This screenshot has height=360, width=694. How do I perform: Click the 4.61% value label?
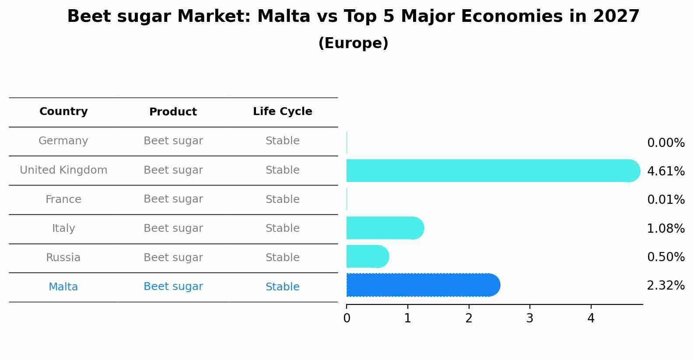point(666,171)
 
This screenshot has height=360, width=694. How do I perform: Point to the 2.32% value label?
point(666,286)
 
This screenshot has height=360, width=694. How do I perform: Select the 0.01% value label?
point(666,200)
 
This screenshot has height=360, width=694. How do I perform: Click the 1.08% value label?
point(666,228)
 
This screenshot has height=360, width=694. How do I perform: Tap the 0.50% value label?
point(666,257)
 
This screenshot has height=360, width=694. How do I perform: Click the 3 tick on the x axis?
point(530,318)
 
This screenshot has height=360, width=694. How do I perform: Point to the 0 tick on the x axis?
point(347,318)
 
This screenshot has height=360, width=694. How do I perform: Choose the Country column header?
point(63,112)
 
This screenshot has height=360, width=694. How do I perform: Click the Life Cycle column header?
point(282,112)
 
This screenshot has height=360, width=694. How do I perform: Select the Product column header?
point(173,112)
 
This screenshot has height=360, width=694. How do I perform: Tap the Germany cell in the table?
point(63,141)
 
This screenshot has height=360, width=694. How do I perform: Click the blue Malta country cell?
point(63,287)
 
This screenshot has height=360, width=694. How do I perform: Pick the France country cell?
point(63,199)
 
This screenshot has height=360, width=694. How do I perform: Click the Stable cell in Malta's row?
point(282,287)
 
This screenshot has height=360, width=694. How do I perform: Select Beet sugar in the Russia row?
point(173,258)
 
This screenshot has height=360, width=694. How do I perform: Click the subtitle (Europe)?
point(353,43)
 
